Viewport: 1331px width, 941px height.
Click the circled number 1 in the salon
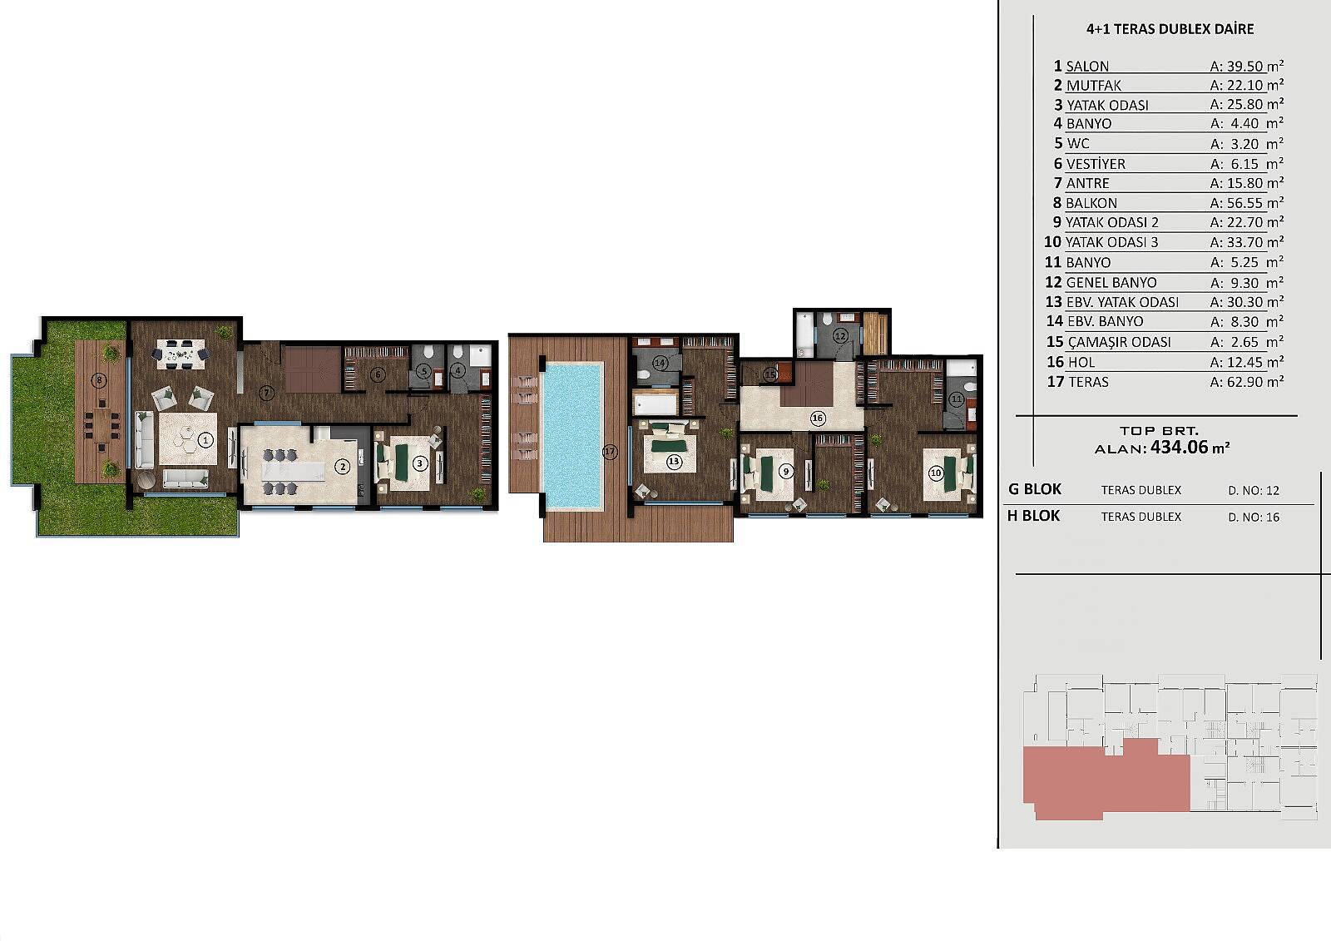coord(205,440)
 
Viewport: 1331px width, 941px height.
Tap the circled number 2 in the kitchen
coord(342,468)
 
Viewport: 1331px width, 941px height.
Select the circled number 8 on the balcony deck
coord(99,380)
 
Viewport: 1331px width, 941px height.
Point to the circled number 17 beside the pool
coord(609,452)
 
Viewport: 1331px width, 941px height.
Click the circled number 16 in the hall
coord(818,418)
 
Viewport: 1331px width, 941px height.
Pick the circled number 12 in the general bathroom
coord(839,336)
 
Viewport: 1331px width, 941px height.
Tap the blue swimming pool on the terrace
coord(572,436)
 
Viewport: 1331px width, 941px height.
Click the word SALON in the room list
coord(1087,66)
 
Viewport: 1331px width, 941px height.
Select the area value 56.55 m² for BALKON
coord(1247,203)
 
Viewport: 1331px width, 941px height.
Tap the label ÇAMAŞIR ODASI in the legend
coord(1120,342)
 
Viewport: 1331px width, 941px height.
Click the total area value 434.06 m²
coord(1189,447)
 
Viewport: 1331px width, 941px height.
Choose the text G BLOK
coord(1035,489)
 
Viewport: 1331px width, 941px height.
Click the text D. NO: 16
coord(1254,518)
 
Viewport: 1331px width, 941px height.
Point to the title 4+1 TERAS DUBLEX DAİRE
coord(1170,29)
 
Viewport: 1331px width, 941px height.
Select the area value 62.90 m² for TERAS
coord(1247,382)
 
